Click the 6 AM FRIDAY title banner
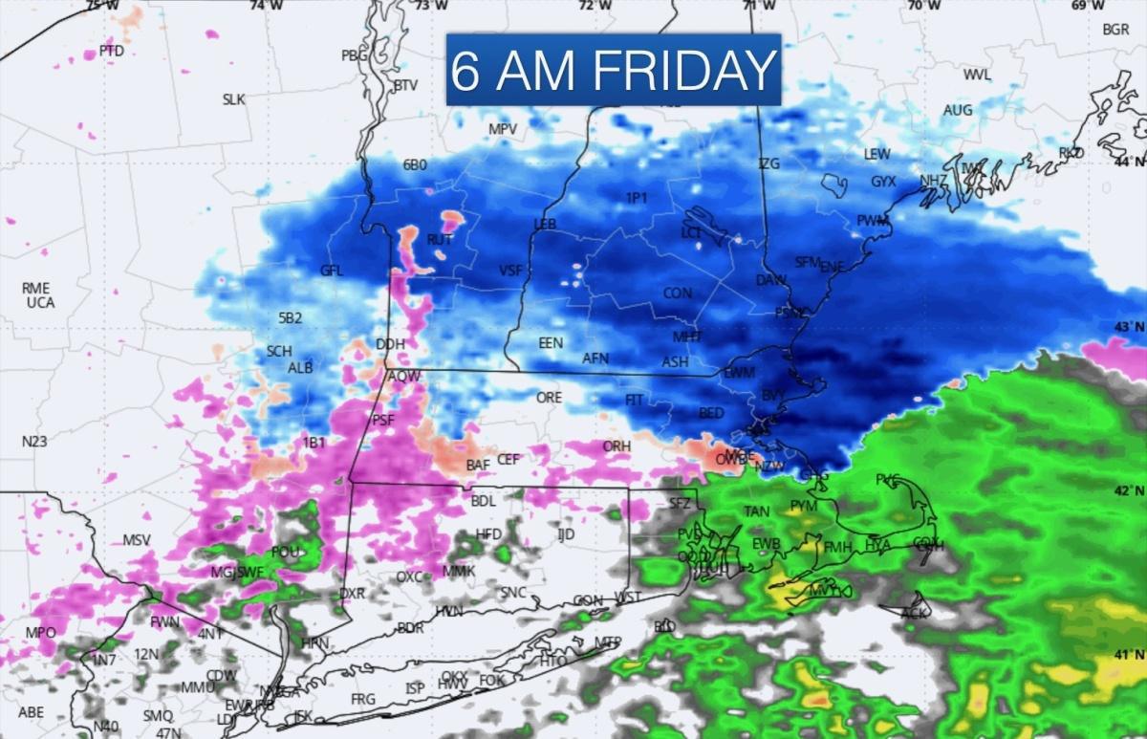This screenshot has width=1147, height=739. pos(613,70)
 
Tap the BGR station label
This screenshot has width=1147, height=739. pos(1115,30)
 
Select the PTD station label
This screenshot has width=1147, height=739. pos(112,51)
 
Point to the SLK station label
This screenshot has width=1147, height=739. pos(234,99)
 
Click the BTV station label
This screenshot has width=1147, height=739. pos(406,85)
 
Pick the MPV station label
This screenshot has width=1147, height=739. pos(503,129)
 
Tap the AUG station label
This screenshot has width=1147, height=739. pos(958,111)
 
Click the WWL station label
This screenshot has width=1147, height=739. pos(977,76)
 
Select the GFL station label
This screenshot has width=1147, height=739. pos(332,271)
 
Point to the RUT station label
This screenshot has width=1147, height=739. pos(440,240)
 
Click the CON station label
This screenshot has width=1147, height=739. pos(678,293)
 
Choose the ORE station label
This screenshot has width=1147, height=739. pos(549,397)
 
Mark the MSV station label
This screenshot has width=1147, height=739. pos(137,540)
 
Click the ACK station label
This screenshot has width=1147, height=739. pos(915,612)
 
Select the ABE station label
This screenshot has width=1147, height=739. pos(32,712)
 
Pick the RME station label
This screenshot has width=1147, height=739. pos(35,288)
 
